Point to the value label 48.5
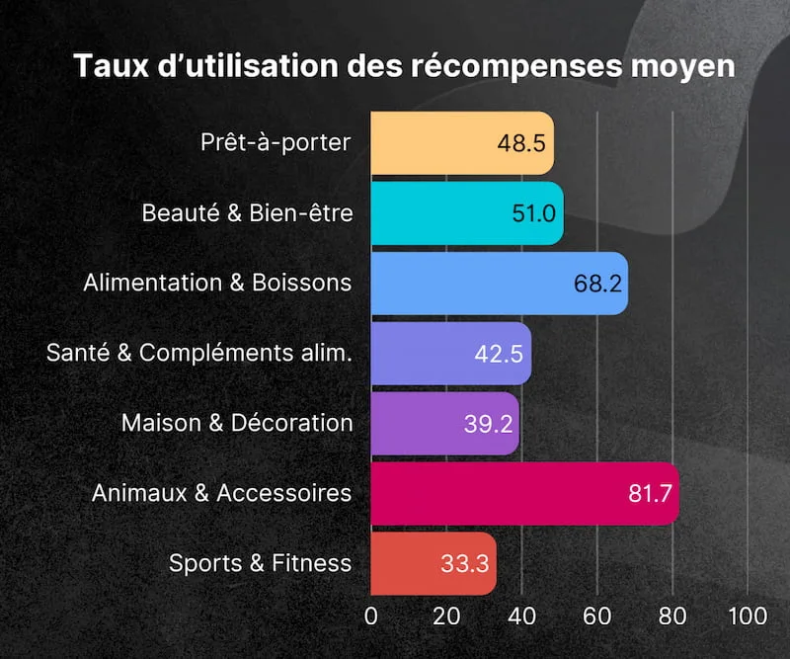[521, 143]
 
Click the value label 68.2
[597, 284]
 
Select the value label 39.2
[488, 424]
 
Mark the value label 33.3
[464, 564]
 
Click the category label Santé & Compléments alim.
[199, 353]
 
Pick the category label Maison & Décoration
[237, 423]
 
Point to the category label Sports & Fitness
[260, 563]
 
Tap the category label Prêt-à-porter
[276, 142]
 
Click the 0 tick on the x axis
[371, 616]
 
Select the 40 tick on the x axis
[521, 616]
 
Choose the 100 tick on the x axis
[748, 616]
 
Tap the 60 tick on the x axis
[596, 616]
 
